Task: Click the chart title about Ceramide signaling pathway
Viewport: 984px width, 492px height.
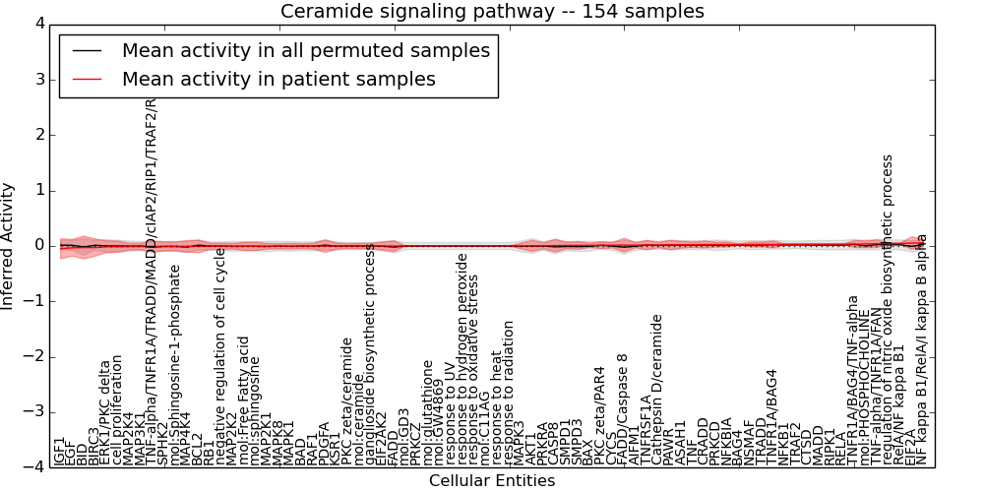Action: click(492, 12)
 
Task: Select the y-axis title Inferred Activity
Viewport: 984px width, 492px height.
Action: click(9, 245)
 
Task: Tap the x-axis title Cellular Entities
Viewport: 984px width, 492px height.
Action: click(492, 481)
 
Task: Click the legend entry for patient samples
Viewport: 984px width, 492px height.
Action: click(278, 79)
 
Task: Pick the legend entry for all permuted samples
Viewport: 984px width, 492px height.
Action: click(306, 50)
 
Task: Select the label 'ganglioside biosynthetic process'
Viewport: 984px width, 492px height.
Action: click(371, 354)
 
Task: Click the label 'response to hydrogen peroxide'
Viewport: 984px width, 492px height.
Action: click(462, 359)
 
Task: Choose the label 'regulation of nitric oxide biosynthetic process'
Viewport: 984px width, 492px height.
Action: click(887, 309)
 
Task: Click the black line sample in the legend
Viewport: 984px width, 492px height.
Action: click(87, 50)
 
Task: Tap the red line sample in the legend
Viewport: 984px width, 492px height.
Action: click(87, 79)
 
